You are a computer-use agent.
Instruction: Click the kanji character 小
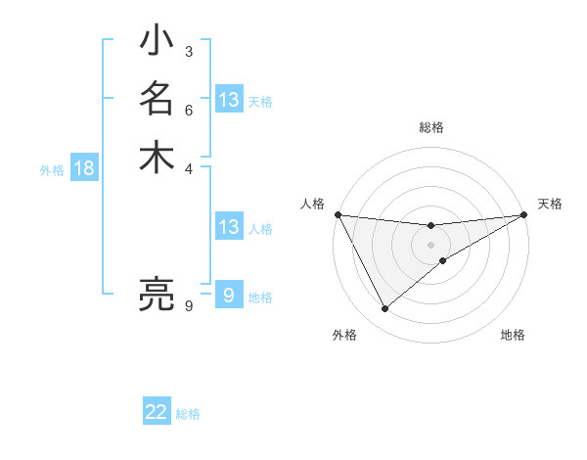[x=157, y=42]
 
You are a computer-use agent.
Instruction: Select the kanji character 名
[x=157, y=99]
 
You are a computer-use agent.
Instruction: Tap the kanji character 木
[x=157, y=157]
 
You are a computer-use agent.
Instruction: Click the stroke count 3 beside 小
[x=188, y=52]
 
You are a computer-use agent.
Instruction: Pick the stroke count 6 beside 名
[x=188, y=110]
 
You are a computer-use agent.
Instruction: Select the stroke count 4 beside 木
[x=188, y=167]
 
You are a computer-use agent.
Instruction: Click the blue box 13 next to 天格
[x=229, y=100]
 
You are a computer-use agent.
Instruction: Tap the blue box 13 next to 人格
[x=229, y=228]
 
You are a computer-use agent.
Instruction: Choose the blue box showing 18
[x=84, y=168]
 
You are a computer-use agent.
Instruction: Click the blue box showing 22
[x=157, y=412]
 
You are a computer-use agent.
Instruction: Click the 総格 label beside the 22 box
[x=188, y=414]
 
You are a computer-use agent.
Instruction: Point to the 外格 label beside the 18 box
[x=52, y=170]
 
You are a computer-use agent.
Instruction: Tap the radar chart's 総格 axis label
[x=431, y=127]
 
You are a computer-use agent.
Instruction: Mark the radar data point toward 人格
[x=338, y=215]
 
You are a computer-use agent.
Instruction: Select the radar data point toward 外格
[x=384, y=309]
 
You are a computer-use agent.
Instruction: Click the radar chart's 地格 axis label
[x=513, y=335]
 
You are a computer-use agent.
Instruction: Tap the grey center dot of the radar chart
[x=431, y=245]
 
